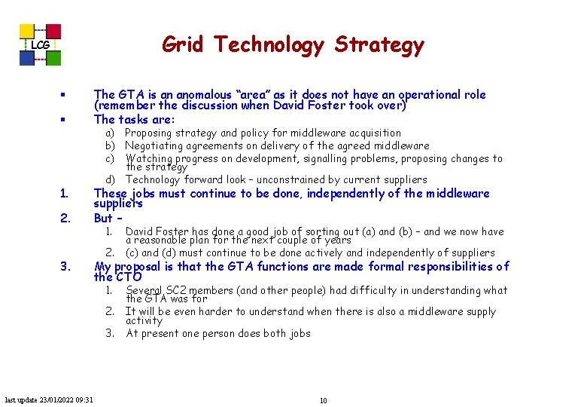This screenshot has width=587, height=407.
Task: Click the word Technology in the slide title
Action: click(x=268, y=45)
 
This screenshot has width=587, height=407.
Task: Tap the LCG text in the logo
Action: click(x=40, y=46)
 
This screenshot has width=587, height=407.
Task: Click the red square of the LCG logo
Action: click(x=54, y=32)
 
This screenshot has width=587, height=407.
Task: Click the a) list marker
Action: click(x=110, y=133)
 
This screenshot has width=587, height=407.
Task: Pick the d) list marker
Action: click(x=110, y=179)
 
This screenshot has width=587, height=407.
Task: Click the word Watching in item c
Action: click(x=149, y=158)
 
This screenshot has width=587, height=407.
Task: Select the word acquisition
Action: click(x=373, y=133)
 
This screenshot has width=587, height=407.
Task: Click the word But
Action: click(x=103, y=219)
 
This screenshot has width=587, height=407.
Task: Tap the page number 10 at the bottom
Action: click(x=323, y=400)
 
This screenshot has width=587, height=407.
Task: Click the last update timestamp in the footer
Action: click(x=49, y=399)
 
